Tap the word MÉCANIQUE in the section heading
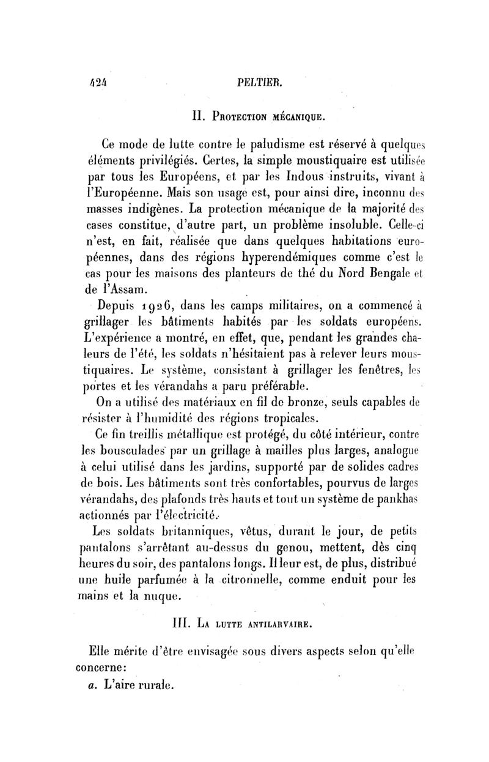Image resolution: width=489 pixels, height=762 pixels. coord(289,116)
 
